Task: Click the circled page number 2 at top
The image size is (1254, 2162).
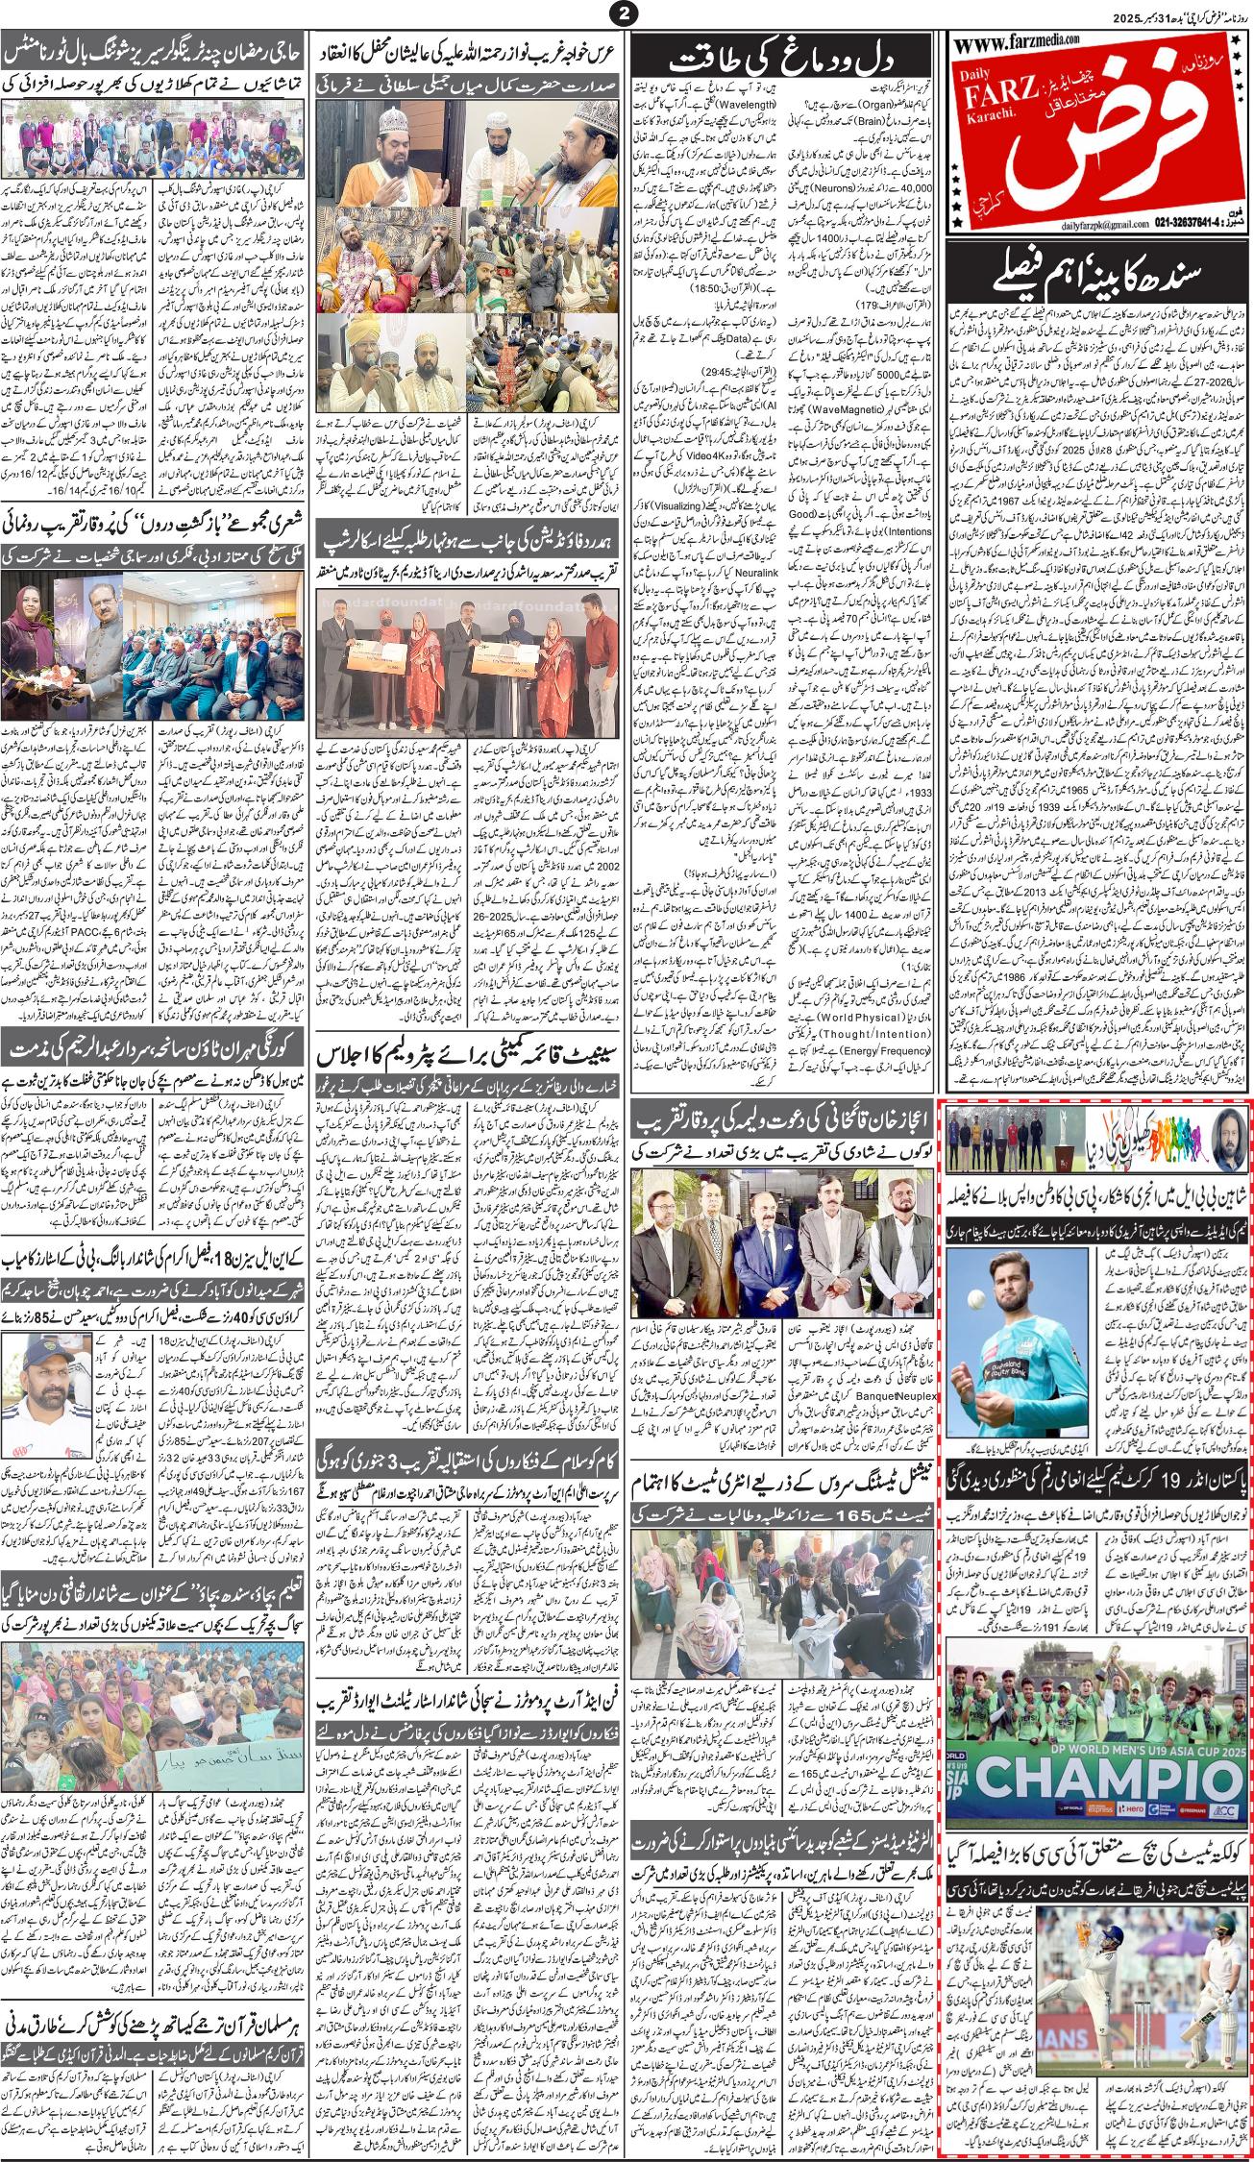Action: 627,13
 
